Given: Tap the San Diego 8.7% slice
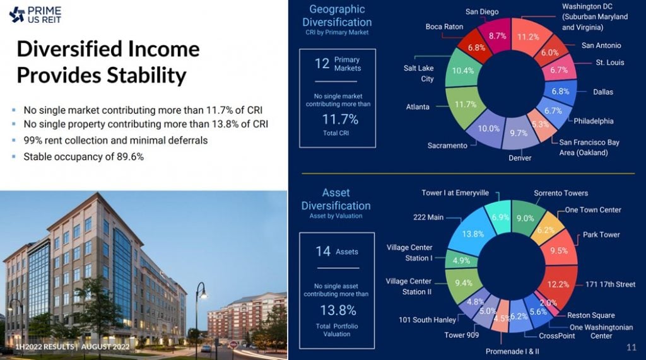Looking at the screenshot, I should pos(496,36).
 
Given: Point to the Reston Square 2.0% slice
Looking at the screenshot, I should pos(548,303).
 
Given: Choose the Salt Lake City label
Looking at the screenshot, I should pos(419,73).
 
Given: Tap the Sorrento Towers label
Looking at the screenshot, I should pos(561,193).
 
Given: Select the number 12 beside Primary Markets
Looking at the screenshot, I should pos(322,63).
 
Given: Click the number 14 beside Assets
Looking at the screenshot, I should pos(323,252).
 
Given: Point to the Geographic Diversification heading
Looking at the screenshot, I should pos(337,15).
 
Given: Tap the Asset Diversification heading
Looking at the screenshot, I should pos(336,199).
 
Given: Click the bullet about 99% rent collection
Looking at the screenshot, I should pos(115,140).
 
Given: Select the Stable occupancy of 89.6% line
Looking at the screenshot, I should pos(83,156).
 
